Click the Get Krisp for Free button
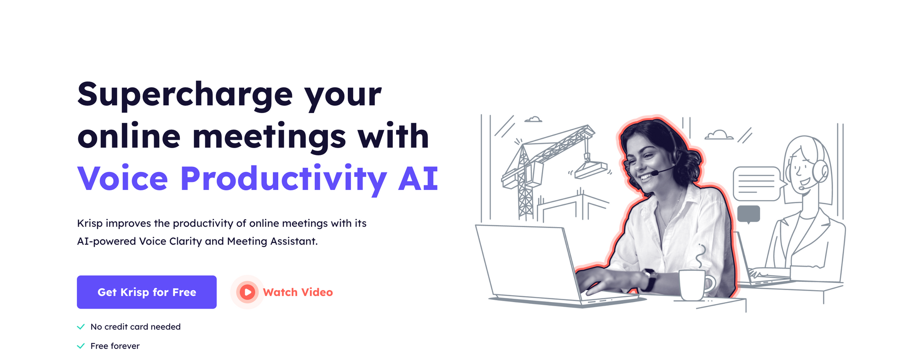click(146, 292)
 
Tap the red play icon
click(247, 292)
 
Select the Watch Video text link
click(298, 292)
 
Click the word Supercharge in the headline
click(185, 95)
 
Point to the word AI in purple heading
click(418, 178)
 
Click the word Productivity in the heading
click(283, 179)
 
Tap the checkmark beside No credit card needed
click(81, 327)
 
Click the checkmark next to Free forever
click(81, 346)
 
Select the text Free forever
click(115, 346)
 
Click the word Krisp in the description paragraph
click(90, 223)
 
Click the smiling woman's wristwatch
click(650, 279)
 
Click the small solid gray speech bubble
click(748, 214)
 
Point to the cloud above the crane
click(534, 120)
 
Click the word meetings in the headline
click(269, 137)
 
